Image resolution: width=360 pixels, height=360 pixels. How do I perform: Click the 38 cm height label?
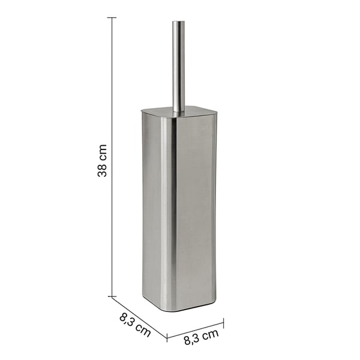pyautogui.click(x=103, y=160)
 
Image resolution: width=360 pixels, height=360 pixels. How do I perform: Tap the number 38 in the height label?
pyautogui.click(x=103, y=170)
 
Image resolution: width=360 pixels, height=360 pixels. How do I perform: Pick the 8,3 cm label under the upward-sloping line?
pyautogui.click(x=201, y=337)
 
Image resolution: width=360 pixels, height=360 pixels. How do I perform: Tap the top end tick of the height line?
pyautogui.click(x=112, y=17)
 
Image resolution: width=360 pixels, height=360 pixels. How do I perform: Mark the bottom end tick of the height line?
pyautogui.click(x=112, y=296)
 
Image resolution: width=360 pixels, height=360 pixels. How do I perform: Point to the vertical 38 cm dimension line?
pyautogui.click(x=112, y=157)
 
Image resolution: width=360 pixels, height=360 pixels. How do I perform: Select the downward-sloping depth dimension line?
pyautogui.click(x=139, y=317)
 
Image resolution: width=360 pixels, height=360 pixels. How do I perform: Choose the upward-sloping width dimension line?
pyautogui.click(x=195, y=330)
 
